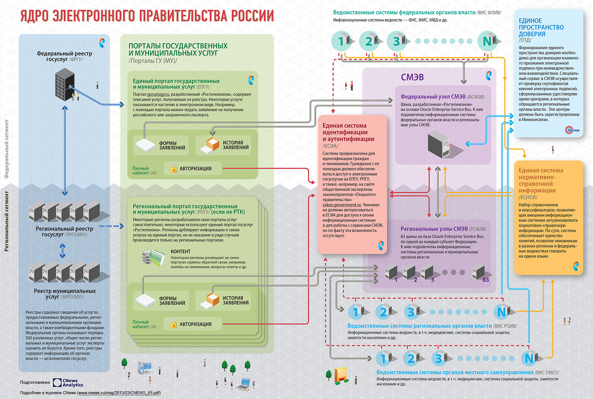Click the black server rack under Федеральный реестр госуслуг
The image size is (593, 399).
pos(64,86)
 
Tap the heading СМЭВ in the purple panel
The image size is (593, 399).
pos(412,78)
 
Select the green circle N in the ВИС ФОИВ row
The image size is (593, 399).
pos(487,41)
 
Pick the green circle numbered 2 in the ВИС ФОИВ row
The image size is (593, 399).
pos(368,41)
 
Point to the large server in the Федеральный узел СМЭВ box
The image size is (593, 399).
pos(439,145)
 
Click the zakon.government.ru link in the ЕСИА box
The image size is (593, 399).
pos(342,205)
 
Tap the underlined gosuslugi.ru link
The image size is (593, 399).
pos(158,94)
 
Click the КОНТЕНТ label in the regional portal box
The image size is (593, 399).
pos(180,251)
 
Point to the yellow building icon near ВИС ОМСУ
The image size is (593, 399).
pos(341,375)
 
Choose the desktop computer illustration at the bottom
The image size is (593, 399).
pos(145,369)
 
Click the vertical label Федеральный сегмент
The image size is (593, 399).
pos(7,148)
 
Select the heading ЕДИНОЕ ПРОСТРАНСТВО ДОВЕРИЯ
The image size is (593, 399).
pos(541,27)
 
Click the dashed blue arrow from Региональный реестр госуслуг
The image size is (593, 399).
pos(111,226)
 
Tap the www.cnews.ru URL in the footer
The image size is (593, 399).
pos(119,393)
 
